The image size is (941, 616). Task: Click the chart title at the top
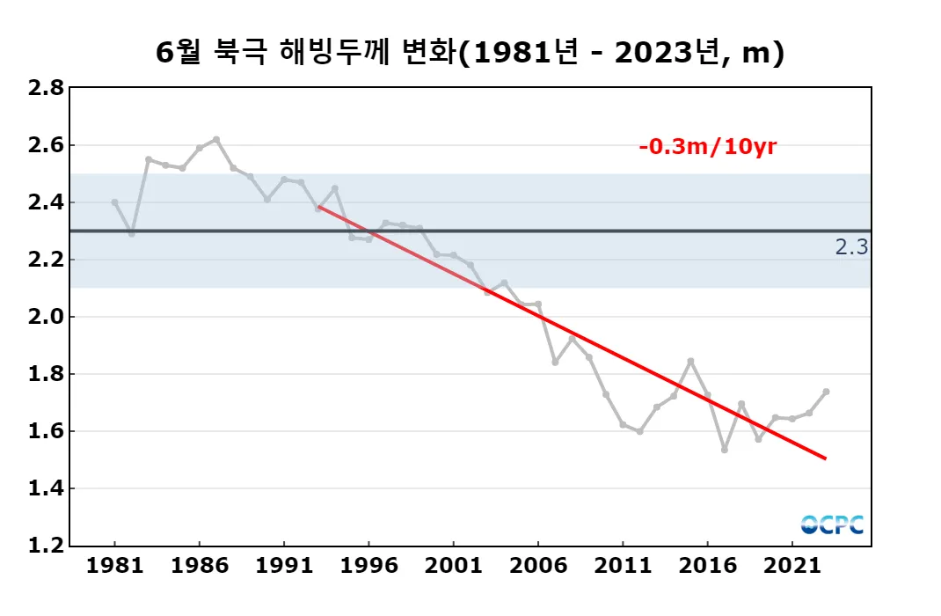point(470,53)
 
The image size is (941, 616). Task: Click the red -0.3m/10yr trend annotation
point(707,147)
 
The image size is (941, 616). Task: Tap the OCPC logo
point(832,524)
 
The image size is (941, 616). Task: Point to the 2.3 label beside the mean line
point(851,247)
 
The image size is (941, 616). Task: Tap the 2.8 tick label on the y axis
point(45,88)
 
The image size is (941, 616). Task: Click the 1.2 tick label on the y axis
point(45,546)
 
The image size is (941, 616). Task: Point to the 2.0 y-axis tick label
point(45,317)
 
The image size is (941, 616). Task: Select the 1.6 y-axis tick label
point(45,431)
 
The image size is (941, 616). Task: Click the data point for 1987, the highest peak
point(216,139)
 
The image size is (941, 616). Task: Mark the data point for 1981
point(114,202)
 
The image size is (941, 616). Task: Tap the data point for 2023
point(826,392)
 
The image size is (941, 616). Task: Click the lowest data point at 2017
point(725,450)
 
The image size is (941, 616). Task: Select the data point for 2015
point(690,361)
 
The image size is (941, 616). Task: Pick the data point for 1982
point(132,234)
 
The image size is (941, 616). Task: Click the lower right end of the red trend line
point(825,458)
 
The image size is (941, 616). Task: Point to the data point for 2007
point(555,362)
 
